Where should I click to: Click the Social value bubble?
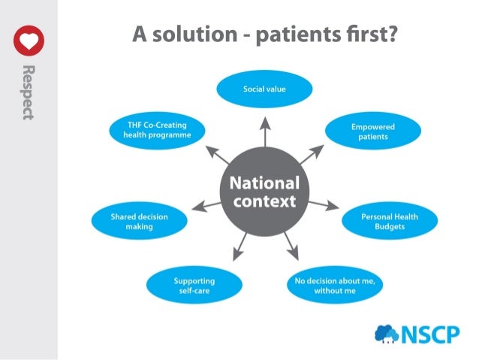click(x=264, y=89)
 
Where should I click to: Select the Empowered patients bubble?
click(x=372, y=132)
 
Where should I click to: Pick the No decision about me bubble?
click(x=335, y=286)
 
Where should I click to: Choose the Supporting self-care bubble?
click(x=194, y=286)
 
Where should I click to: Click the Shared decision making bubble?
click(x=139, y=221)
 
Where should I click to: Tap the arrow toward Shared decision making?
click(x=206, y=204)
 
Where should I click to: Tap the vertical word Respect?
click(x=29, y=92)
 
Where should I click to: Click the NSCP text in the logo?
click(x=430, y=334)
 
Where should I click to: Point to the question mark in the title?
click(x=390, y=33)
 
